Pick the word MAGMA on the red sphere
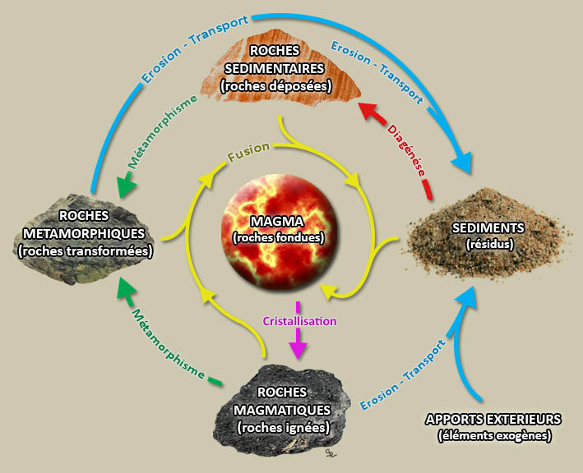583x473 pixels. click(277, 223)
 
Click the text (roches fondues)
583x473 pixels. click(278, 237)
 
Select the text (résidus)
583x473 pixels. click(478, 243)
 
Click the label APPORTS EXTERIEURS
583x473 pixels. click(493, 419)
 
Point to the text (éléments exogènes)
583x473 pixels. click(493, 434)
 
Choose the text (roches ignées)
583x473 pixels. click(283, 427)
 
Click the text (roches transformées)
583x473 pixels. click(86, 251)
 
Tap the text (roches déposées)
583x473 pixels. click(276, 85)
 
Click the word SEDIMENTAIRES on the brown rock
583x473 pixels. click(276, 68)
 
